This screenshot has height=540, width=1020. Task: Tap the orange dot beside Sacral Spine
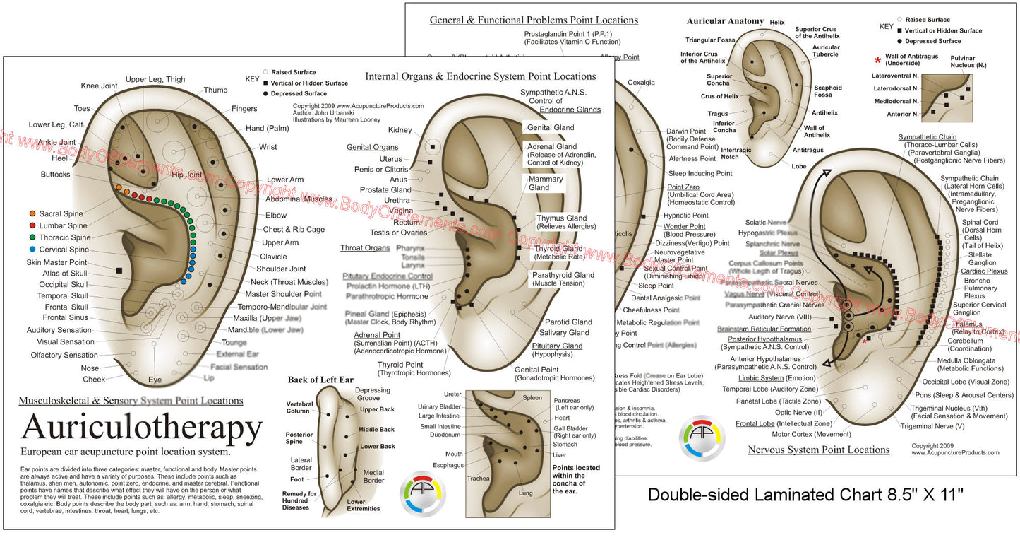click(33, 213)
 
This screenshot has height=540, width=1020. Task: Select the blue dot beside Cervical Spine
click(33, 249)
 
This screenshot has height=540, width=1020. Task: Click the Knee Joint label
click(99, 86)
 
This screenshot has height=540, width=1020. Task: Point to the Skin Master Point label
click(56, 262)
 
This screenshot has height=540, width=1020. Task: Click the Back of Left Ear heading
click(320, 380)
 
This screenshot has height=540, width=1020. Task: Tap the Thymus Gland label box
click(561, 222)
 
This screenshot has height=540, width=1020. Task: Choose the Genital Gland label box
click(550, 128)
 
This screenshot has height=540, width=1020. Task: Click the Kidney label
click(400, 130)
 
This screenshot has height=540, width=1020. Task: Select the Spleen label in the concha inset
click(532, 398)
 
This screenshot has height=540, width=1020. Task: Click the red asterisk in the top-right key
click(878, 61)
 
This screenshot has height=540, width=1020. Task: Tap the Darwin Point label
click(686, 131)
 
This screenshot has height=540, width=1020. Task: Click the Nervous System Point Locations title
click(819, 450)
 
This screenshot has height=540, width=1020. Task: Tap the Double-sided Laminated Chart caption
click(805, 495)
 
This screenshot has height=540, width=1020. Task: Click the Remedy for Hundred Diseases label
click(299, 500)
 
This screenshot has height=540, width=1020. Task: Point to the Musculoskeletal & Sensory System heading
click(131, 401)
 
